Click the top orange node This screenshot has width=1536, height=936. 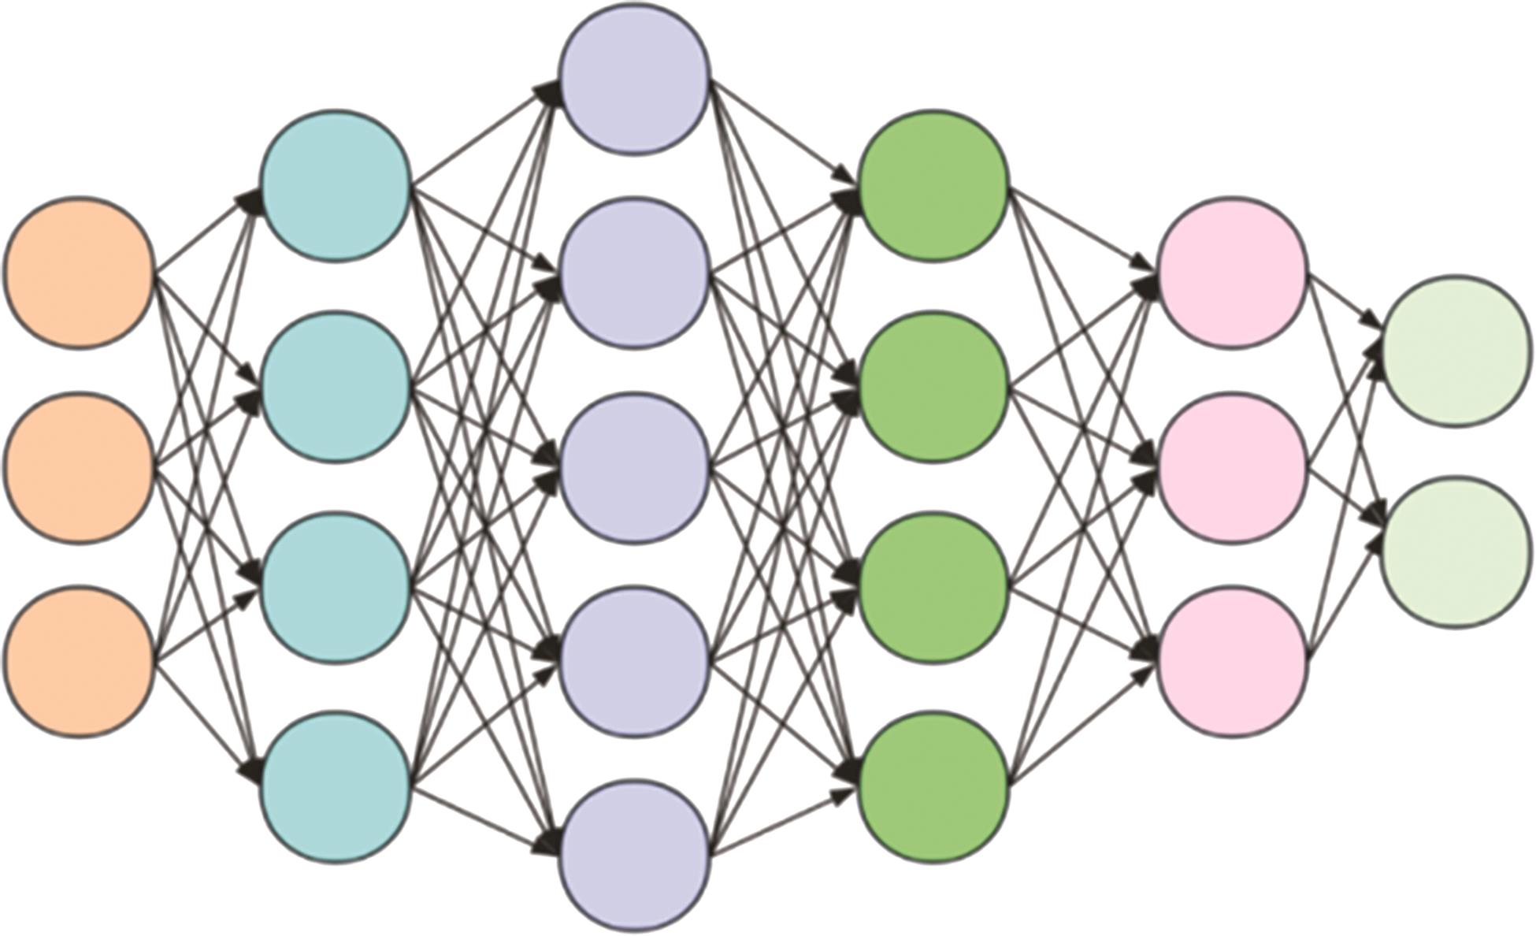coord(79,272)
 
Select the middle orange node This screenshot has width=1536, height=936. coord(79,467)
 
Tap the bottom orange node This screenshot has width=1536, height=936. coord(79,662)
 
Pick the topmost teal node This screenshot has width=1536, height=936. coord(336,186)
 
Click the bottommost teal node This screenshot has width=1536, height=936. coord(336,787)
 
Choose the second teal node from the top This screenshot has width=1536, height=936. coord(336,387)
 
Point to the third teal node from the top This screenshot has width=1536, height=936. coord(336,588)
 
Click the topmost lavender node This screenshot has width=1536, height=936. coord(635,79)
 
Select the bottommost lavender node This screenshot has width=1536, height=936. coord(635,856)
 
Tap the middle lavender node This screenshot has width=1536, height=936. coord(635,467)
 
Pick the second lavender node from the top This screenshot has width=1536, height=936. coord(635,273)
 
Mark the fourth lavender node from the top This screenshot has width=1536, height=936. coord(635,662)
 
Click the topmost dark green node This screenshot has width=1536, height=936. coord(933,186)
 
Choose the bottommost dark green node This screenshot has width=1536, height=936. coord(933,787)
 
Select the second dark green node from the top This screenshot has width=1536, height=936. coord(933,387)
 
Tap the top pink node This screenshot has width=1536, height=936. coord(1234,272)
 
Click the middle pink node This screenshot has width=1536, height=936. coord(1234,467)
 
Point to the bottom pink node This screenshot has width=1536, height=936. coord(1234,662)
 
